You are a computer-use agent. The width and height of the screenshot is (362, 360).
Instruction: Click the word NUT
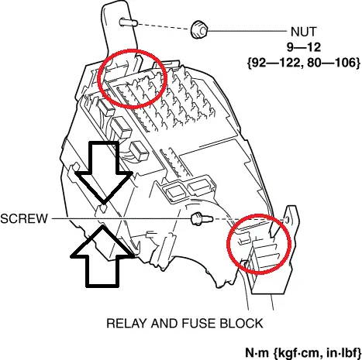303,32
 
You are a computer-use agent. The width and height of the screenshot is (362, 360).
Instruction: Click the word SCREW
24,218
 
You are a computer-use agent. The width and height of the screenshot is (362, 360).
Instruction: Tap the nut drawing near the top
199,29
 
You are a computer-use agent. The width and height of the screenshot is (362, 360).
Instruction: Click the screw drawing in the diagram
202,219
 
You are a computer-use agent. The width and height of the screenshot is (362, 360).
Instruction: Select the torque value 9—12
304,47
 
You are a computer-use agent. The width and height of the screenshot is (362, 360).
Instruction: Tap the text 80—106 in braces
332,63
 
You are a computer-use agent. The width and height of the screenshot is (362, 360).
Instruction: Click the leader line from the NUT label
247,31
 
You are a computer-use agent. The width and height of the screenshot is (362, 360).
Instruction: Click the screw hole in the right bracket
287,220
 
